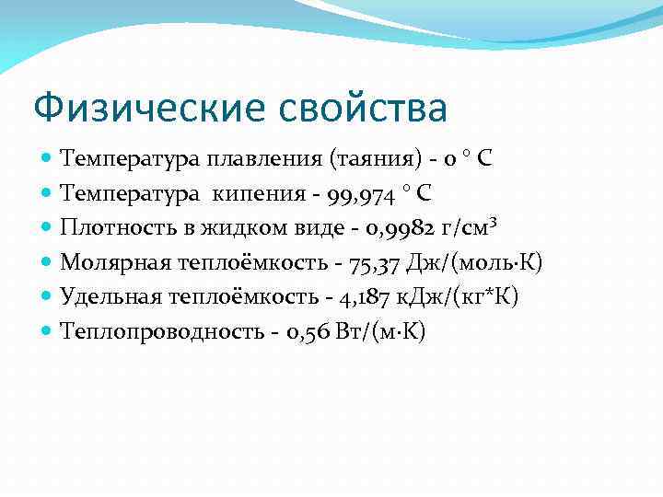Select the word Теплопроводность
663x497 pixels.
click(x=161, y=331)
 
